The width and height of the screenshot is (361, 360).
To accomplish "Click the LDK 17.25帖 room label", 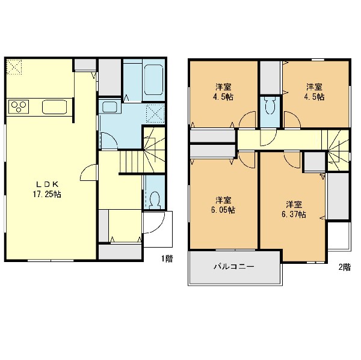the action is click(47, 189).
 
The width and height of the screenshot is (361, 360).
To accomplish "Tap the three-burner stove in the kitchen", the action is click(19, 107).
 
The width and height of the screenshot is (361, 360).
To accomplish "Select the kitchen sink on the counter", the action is click(55, 107).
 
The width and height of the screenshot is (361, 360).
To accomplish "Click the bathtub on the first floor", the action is click(153, 80).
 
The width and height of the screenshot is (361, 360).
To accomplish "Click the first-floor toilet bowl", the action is click(155, 199).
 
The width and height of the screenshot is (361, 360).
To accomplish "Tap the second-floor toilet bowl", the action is click(270, 105).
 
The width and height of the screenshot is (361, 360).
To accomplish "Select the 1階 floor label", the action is click(167, 258).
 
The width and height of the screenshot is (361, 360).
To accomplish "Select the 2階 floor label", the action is click(344, 267).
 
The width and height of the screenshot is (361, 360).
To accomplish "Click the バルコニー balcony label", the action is click(234, 267).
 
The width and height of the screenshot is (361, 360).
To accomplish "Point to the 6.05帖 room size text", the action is click(223, 210).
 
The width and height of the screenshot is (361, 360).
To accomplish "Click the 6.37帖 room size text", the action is click(294, 215).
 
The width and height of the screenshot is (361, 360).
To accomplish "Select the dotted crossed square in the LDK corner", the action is click(14, 67).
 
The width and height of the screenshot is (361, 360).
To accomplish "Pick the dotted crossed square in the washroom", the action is click(155, 114).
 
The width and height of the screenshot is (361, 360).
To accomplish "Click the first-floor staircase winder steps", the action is click(154, 150).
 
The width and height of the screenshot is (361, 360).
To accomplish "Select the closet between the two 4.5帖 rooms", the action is click(270, 78).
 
